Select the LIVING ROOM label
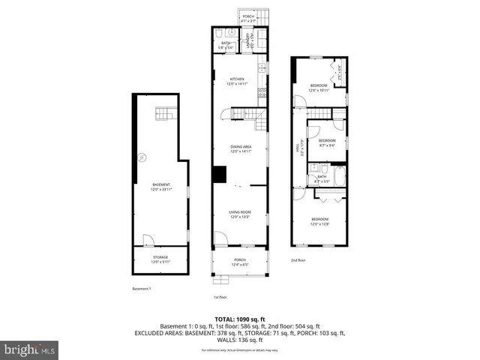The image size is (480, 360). click(240, 214)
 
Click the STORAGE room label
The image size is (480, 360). click(161, 259)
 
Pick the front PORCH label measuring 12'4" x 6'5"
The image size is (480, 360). click(240, 262)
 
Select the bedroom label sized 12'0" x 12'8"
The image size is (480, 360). click(320, 220)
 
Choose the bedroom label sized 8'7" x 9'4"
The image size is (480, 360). click(327, 142)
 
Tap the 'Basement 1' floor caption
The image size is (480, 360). click(141, 289)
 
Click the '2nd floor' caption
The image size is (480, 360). click(298, 260)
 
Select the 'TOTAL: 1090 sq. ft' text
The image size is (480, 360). click(240, 319)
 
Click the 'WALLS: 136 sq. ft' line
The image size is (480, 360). click(240, 340)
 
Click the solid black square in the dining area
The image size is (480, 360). click(219, 174)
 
